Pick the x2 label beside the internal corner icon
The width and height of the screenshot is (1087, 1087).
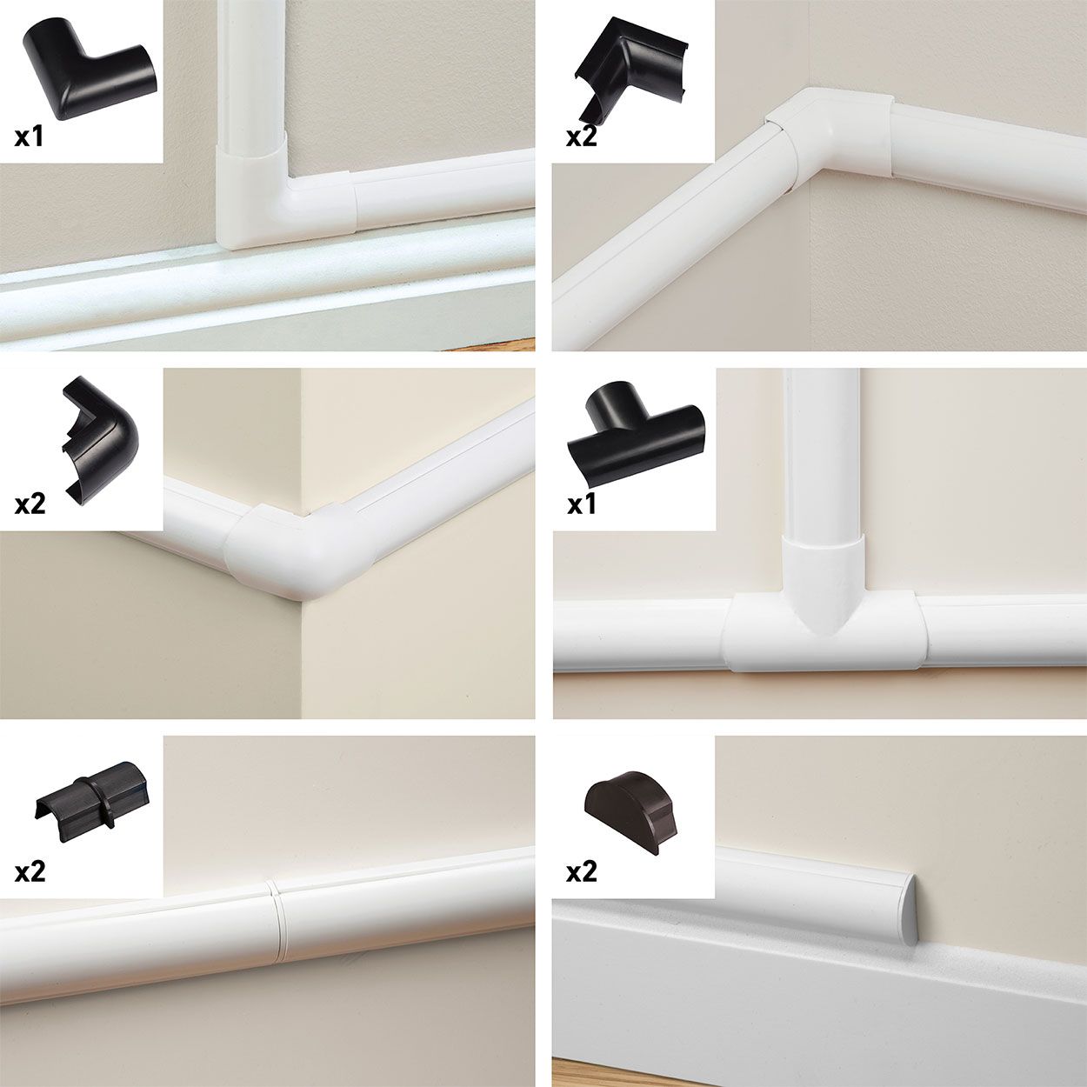pyautogui.click(x=581, y=137)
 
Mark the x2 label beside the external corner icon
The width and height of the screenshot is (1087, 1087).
pyautogui.click(x=30, y=503)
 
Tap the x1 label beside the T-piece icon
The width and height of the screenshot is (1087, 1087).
pyautogui.click(x=581, y=503)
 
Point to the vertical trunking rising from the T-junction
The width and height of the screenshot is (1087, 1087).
pyautogui.click(x=821, y=452)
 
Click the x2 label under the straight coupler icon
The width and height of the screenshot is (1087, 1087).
pyautogui.click(x=30, y=871)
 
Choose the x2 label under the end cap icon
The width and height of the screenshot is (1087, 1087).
pyautogui.click(x=581, y=871)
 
